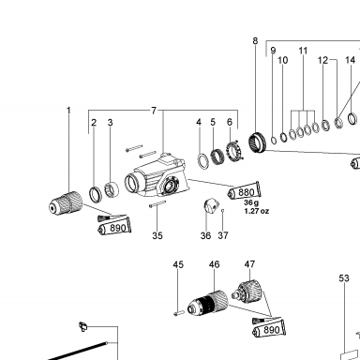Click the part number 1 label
tap(68, 111)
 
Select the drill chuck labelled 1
tap(66, 202)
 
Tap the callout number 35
tap(157, 235)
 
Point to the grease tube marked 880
tap(244, 190)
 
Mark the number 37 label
tap(223, 235)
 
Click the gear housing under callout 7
tap(157, 176)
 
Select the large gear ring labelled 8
tap(257, 142)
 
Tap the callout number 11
tap(303, 51)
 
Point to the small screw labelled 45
tap(179, 312)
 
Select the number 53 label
tap(344, 277)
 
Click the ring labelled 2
tap(96, 194)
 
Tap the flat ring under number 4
tap(203, 160)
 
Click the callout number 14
tap(351, 60)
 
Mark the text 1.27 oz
tap(257, 211)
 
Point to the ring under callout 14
tap(352, 118)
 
